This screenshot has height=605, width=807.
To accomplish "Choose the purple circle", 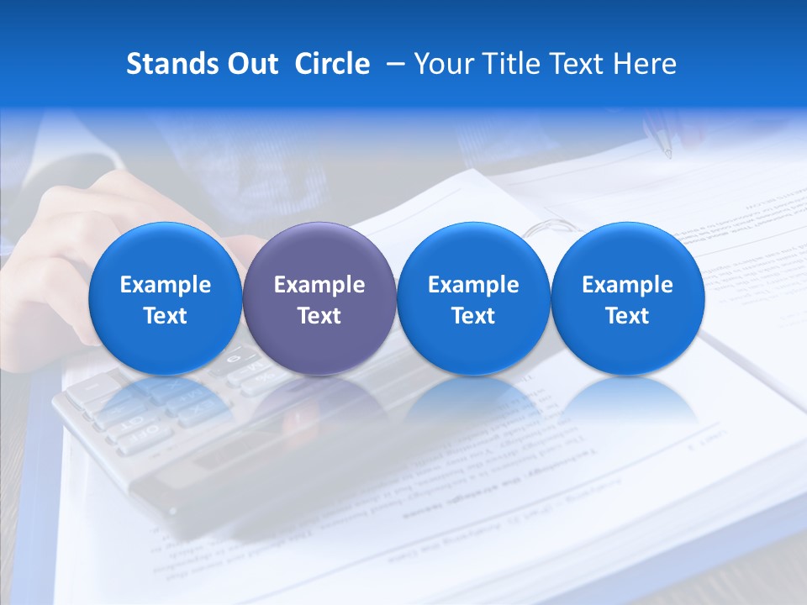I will click(x=319, y=298).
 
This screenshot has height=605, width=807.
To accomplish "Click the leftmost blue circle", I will click(x=165, y=298).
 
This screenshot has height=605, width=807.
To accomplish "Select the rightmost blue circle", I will click(x=627, y=298).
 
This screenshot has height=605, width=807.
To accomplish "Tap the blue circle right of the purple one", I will click(x=473, y=298).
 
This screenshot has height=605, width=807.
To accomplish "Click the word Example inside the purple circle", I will click(x=319, y=285).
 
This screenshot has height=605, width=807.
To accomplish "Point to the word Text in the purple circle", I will click(x=319, y=316).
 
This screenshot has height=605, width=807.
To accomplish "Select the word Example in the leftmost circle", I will click(x=165, y=285).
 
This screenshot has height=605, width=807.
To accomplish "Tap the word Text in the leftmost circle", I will click(x=165, y=316).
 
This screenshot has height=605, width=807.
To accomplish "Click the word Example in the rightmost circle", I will click(x=627, y=285).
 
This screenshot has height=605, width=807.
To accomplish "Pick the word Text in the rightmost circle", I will click(x=627, y=316).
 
